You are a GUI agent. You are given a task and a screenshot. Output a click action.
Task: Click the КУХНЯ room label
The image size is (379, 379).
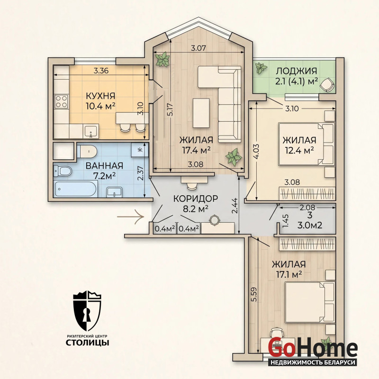[100, 96]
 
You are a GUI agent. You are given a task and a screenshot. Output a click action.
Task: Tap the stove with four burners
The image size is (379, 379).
[61, 101]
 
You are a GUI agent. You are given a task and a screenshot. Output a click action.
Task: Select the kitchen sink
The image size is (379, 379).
[91, 131]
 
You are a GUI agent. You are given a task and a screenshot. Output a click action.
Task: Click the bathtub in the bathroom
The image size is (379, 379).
[76, 189]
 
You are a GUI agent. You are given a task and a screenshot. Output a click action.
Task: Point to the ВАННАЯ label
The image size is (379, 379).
[104, 166]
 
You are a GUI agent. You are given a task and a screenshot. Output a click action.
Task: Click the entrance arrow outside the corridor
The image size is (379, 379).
[131, 217]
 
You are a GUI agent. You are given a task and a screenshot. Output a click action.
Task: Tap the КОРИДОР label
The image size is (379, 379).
[196, 199]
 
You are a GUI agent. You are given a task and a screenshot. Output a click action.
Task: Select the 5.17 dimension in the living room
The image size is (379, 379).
[171, 110]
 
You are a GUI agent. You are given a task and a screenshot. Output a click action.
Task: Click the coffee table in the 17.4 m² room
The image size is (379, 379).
[201, 113]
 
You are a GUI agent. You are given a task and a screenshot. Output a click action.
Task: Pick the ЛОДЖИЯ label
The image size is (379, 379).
[297, 71]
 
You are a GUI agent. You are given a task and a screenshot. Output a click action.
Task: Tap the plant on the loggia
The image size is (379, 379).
[262, 68]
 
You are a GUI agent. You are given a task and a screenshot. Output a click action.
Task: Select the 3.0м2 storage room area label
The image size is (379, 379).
[310, 226]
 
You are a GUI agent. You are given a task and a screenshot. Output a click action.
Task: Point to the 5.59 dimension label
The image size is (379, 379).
[253, 294]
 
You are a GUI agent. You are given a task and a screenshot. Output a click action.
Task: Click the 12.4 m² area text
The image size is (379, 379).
[299, 150]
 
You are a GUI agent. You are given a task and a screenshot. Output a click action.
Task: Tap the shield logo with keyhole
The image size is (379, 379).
[87, 311]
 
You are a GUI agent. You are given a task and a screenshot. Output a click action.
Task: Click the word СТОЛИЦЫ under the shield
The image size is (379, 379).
[88, 343]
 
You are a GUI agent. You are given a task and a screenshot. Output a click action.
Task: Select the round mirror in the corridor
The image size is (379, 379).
[215, 220]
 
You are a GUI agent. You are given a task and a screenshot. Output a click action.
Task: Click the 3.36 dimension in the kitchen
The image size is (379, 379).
[101, 71]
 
